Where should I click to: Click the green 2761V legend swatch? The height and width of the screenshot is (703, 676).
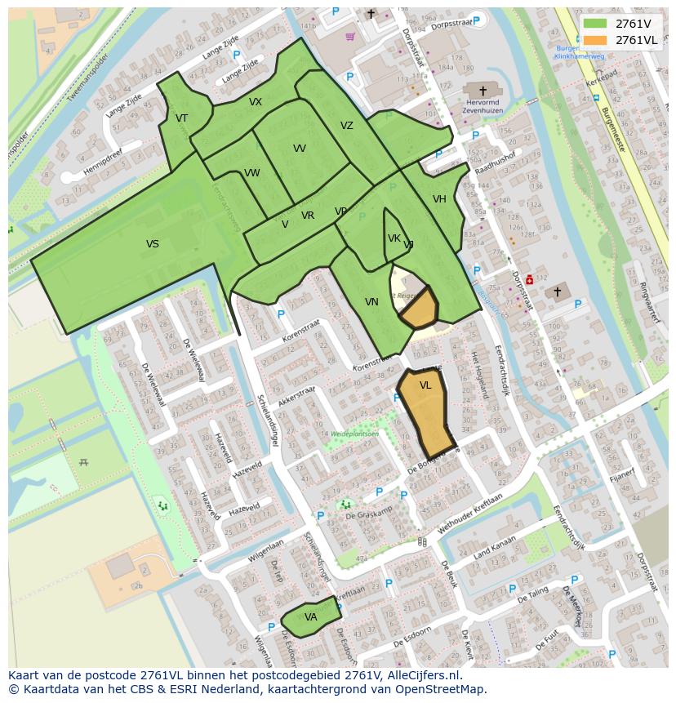tap(595, 23)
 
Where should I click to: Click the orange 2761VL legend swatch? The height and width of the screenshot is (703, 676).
tap(595, 40)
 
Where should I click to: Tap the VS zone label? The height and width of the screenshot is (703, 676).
tap(153, 244)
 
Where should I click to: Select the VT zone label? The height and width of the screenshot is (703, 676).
tap(181, 118)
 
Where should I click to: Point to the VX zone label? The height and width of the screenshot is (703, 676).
tap(256, 102)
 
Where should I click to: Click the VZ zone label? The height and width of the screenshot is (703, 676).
tap(347, 126)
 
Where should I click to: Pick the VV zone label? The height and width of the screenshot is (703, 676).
tap(300, 149)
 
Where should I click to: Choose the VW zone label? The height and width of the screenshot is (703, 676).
tap(251, 173)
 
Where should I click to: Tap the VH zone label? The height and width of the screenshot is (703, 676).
tap(439, 199)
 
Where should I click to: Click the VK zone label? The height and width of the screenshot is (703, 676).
tap(394, 238)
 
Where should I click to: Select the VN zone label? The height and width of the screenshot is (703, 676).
tap(371, 302)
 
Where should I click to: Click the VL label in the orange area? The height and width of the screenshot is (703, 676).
tap(425, 385)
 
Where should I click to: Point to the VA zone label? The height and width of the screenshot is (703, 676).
tap(310, 617)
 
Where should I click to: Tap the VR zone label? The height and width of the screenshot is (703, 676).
tap(308, 216)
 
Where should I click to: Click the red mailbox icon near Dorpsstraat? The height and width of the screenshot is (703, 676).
tap(529, 279)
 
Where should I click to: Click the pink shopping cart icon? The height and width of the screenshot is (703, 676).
tap(350, 37)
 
